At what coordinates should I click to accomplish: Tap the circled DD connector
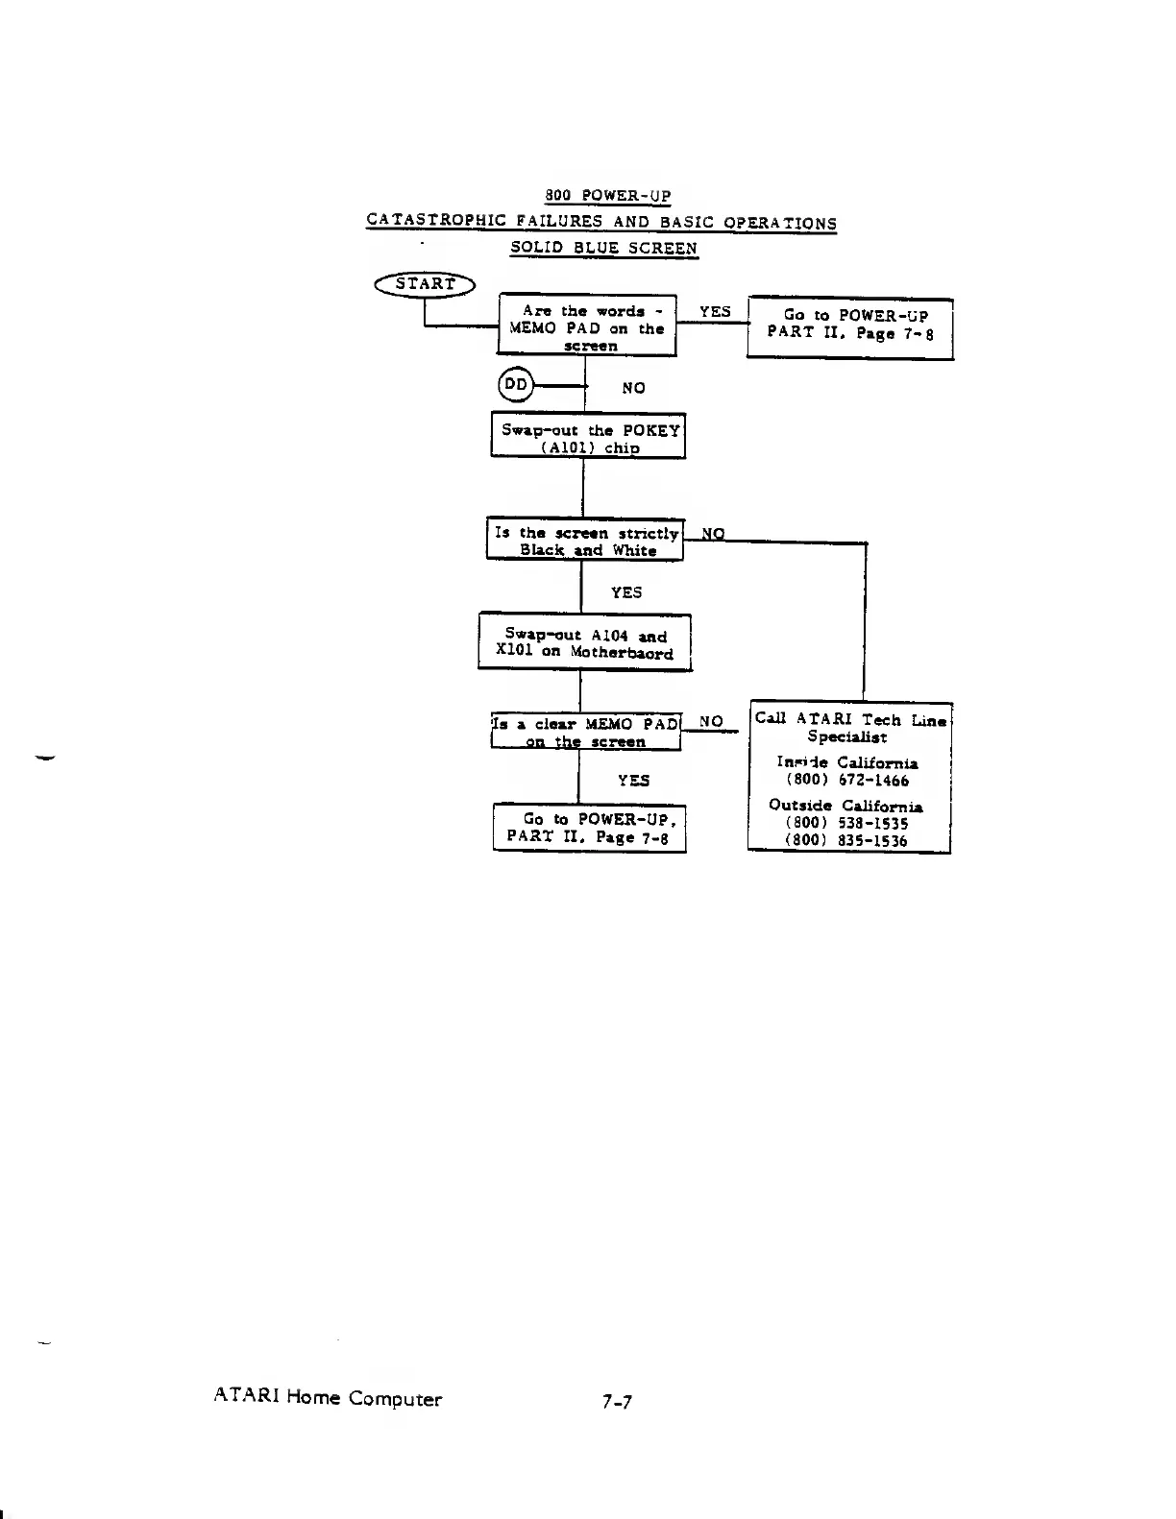(x=516, y=385)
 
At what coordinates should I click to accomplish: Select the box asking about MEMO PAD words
(x=588, y=326)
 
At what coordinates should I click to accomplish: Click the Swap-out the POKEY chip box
(x=588, y=437)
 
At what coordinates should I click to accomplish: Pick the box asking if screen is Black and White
(x=585, y=541)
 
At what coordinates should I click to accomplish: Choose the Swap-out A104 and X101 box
(x=584, y=643)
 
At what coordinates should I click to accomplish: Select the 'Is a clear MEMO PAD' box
(x=585, y=732)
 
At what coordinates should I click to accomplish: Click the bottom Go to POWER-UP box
(x=589, y=828)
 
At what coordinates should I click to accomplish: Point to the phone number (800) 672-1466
(x=846, y=781)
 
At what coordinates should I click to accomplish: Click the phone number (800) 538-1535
(x=845, y=823)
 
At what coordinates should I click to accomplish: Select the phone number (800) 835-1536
(x=845, y=840)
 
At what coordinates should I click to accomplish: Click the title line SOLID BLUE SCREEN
(x=603, y=248)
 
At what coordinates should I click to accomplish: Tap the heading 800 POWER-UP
(x=607, y=196)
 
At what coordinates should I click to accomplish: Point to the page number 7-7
(x=617, y=1402)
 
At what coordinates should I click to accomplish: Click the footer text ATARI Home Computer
(x=328, y=1398)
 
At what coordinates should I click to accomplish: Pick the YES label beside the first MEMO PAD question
(x=715, y=311)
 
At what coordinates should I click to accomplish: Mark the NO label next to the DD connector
(x=633, y=388)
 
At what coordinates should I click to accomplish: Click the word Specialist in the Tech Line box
(x=846, y=737)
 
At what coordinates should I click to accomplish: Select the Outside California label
(x=845, y=806)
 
